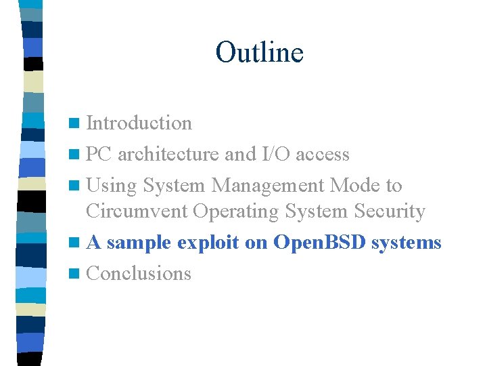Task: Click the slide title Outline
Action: [259, 52]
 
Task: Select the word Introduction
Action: [139, 123]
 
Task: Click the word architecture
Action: [168, 155]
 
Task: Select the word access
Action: [323, 155]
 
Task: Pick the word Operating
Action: [236, 212]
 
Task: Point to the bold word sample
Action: [139, 243]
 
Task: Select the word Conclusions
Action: [139, 274]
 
